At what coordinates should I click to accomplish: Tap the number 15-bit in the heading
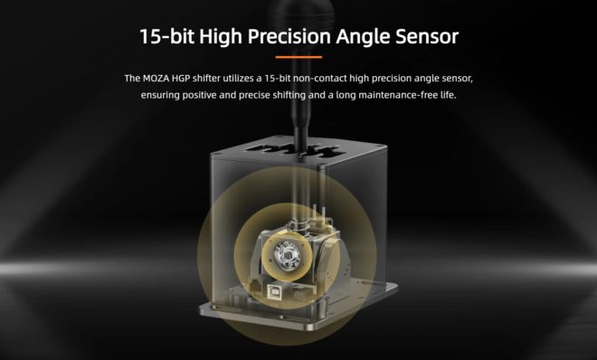(166, 36)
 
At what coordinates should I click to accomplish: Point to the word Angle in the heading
(363, 37)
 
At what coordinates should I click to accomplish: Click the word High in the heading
(221, 37)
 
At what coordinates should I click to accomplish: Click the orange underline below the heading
(298, 57)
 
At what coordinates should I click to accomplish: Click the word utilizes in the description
(239, 79)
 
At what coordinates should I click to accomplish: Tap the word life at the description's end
(448, 95)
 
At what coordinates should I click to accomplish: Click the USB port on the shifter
(275, 290)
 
